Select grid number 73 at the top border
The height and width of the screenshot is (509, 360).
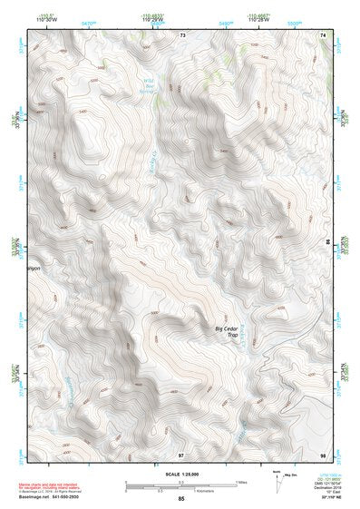182,34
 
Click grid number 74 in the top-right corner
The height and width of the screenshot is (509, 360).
324,34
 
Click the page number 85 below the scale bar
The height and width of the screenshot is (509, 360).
181,499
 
